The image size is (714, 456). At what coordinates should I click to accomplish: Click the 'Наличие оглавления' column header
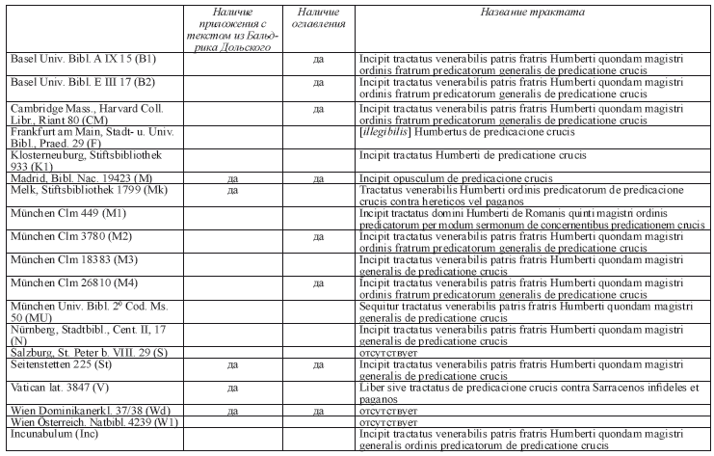coord(317,17)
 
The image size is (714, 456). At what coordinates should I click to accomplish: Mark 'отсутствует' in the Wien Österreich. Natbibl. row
coord(381,422)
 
